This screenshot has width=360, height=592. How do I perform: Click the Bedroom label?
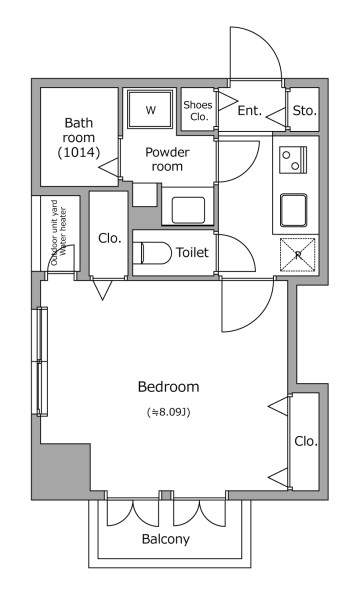point(168,387)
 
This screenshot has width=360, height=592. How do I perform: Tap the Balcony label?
point(166,539)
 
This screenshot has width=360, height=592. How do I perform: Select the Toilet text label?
point(192,252)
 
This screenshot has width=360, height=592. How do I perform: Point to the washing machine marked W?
point(151,109)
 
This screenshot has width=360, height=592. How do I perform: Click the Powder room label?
point(167,159)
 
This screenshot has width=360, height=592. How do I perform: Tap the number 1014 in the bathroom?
point(79,152)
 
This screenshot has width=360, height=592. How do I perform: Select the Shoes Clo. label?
point(198,111)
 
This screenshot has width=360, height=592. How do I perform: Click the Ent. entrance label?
point(249,111)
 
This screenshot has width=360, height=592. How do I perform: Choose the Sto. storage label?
point(305,111)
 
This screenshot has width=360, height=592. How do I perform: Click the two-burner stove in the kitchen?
point(293,160)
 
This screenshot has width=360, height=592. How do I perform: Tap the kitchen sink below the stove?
point(293,210)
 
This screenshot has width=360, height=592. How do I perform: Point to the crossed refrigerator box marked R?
point(298,255)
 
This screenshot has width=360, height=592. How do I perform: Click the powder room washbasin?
point(188,210)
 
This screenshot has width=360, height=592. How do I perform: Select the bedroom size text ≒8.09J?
point(168,412)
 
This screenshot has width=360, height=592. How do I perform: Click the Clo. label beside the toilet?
point(110,238)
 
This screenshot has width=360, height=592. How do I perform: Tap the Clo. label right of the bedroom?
point(306,441)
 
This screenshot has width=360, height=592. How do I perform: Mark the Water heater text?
point(63,231)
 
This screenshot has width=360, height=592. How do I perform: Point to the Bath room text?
point(79,130)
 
